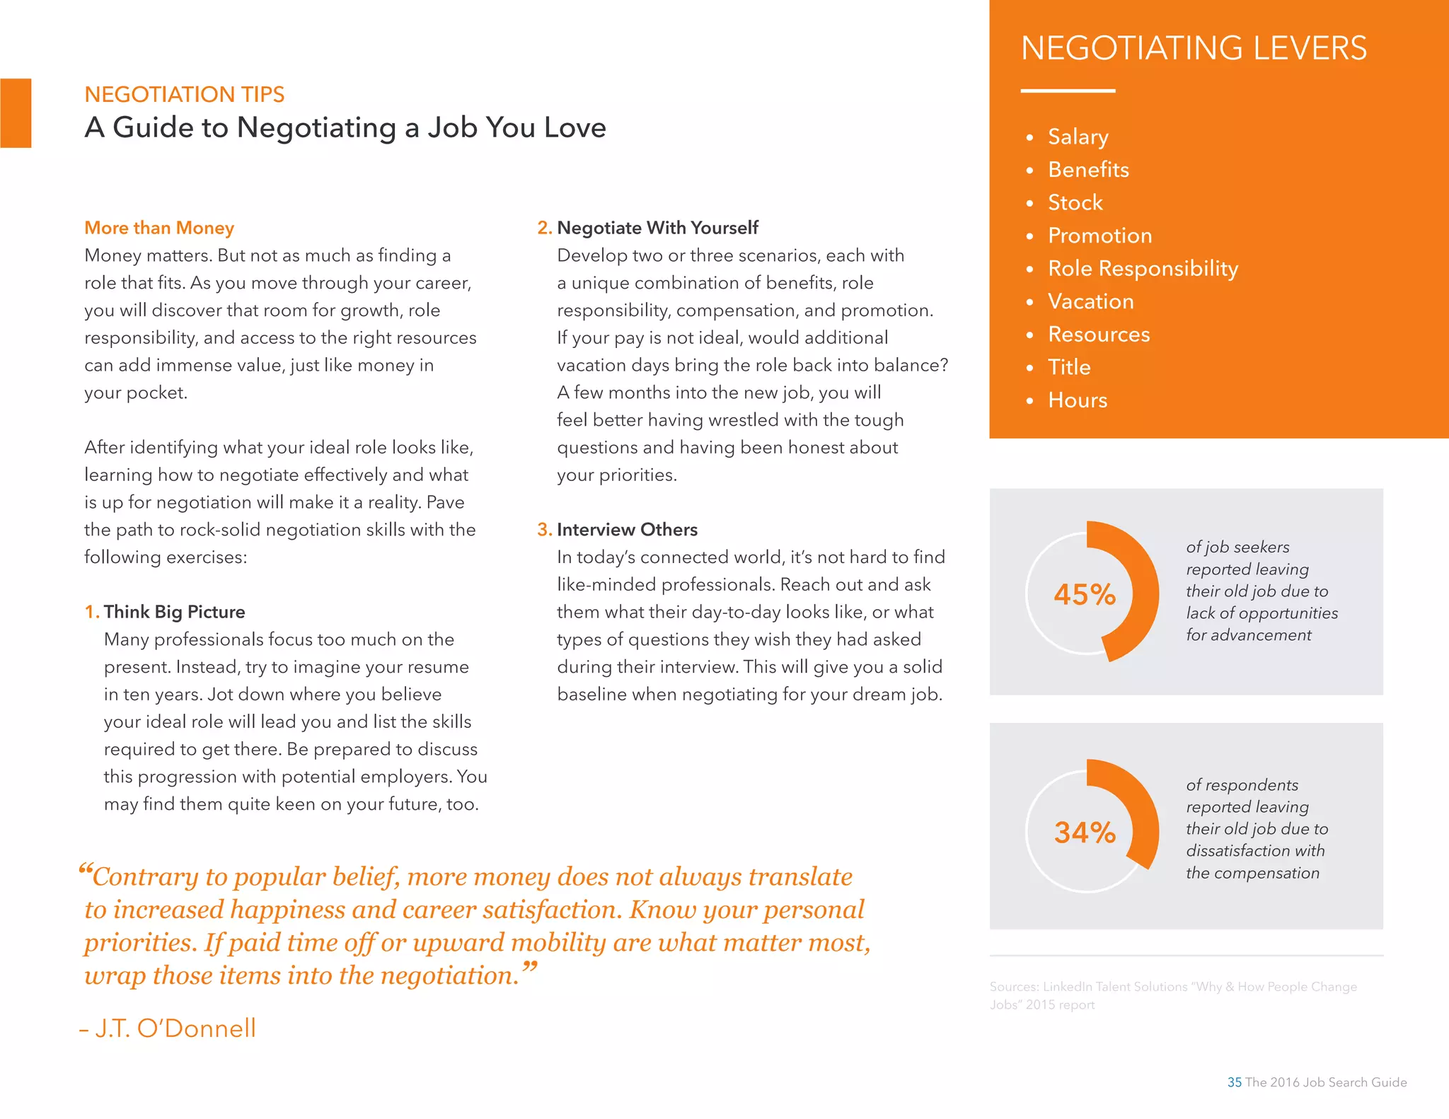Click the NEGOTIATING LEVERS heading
1194,48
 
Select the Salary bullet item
1078,137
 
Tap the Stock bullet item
1075,202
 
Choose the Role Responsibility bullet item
1143,269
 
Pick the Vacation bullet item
1090,301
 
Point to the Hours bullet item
1077,400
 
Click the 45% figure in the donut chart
1085,594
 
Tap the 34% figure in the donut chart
1085,833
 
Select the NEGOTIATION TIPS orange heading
184,94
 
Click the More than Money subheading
159,228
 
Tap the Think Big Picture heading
174,612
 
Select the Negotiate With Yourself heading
657,228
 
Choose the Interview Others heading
627,530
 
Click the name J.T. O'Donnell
175,1028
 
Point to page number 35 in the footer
1234,1082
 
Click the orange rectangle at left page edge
16,113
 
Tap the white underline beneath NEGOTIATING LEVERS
1068,91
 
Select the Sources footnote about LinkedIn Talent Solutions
1172,995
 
